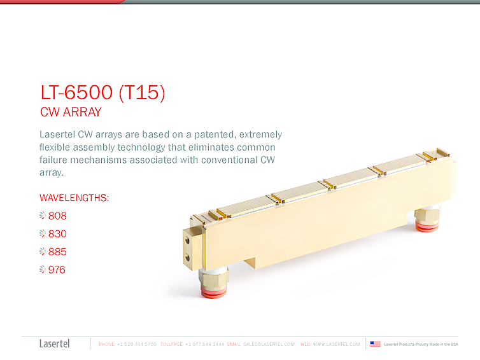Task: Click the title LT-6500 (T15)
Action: coord(102,93)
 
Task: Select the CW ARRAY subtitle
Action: coord(71,113)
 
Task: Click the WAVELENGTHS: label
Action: coord(74,198)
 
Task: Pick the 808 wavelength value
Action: coord(57,216)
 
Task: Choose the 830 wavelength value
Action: coord(57,233)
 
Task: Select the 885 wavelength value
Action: coord(57,251)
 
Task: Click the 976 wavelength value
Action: coord(57,270)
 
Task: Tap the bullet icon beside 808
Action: coord(43,216)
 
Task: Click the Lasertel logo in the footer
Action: coord(54,344)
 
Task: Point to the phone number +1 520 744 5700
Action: coord(136,344)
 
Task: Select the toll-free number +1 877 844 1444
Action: coord(204,344)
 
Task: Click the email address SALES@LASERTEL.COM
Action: coord(269,344)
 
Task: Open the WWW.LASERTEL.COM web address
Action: coord(336,344)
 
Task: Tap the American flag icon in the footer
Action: coord(376,344)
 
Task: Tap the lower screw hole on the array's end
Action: coord(188,257)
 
